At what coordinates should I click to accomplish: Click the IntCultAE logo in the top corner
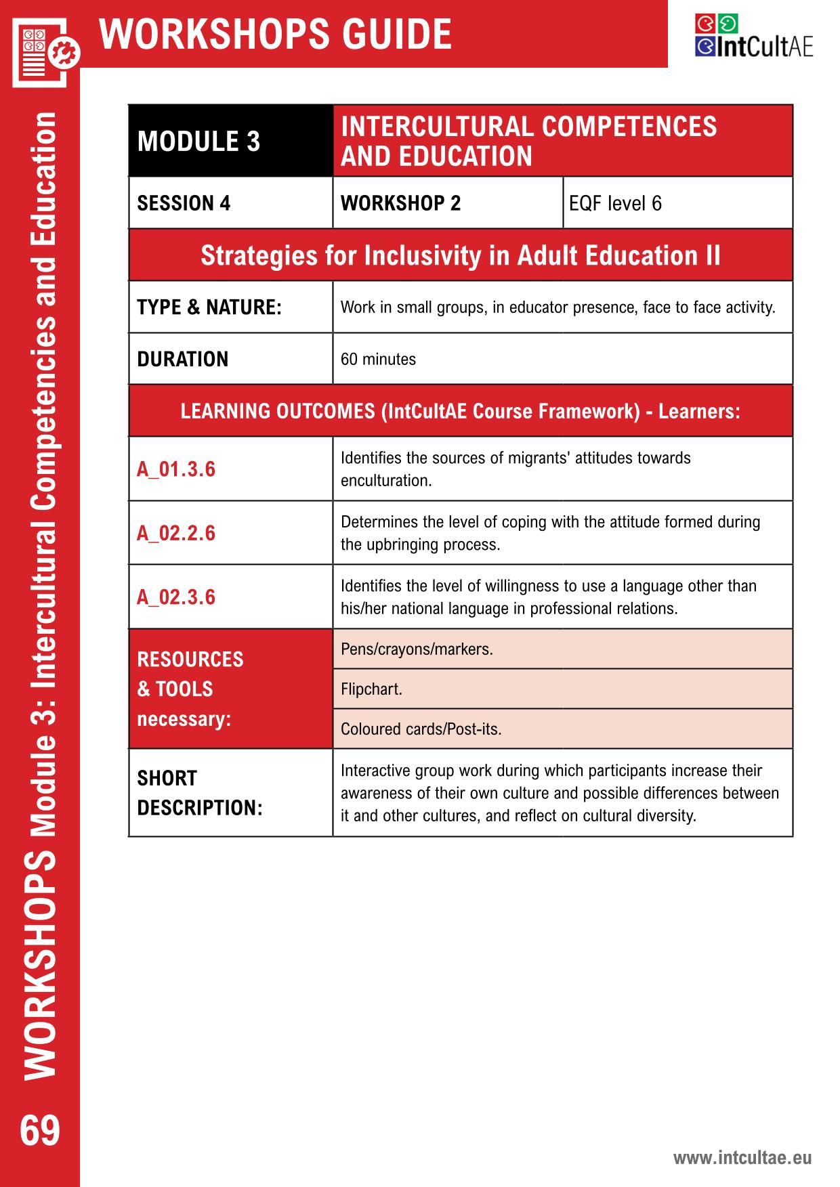(x=753, y=37)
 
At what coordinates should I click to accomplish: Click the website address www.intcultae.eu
(x=742, y=1157)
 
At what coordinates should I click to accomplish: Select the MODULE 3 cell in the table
(x=198, y=142)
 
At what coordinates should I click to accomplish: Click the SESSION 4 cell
(x=184, y=203)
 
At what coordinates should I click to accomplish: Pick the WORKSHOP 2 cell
(x=400, y=203)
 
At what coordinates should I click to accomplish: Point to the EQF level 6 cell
(x=615, y=203)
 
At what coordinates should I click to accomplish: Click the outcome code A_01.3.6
(x=176, y=469)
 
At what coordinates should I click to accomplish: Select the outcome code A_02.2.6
(x=176, y=533)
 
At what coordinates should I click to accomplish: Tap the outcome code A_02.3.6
(x=176, y=597)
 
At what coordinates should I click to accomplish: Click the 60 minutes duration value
(x=378, y=359)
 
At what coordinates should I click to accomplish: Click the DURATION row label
(x=183, y=359)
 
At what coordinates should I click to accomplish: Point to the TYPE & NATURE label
(x=209, y=307)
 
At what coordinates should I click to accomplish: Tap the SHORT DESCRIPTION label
(x=199, y=793)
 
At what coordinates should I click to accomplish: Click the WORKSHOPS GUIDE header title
(x=275, y=34)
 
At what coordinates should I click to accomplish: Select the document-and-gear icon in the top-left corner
(x=45, y=51)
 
